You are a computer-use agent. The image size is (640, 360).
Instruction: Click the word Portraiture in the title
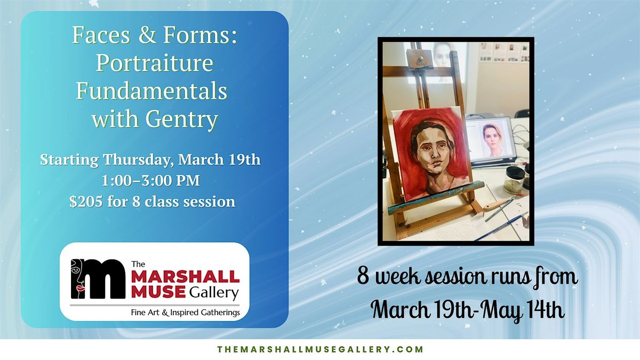click(x=154, y=63)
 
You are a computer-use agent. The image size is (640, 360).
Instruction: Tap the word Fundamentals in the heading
click(x=151, y=91)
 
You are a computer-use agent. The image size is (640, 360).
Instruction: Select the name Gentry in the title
click(x=182, y=120)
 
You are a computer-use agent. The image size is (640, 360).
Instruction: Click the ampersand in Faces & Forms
click(x=147, y=35)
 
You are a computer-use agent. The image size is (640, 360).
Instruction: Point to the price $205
click(x=86, y=202)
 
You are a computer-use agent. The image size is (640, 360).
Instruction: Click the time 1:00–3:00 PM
click(x=151, y=181)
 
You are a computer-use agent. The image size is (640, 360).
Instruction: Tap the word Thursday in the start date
click(x=138, y=159)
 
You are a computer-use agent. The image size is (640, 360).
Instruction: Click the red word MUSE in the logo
click(x=158, y=292)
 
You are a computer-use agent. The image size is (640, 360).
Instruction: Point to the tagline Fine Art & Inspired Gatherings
click(x=185, y=313)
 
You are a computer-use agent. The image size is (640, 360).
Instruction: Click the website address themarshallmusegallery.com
click(x=320, y=349)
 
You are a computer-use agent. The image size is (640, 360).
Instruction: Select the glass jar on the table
click(x=514, y=181)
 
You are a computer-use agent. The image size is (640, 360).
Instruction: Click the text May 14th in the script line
click(x=523, y=310)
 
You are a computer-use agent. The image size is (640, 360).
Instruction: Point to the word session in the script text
click(x=455, y=277)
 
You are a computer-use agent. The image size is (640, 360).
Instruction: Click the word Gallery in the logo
click(x=214, y=293)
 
